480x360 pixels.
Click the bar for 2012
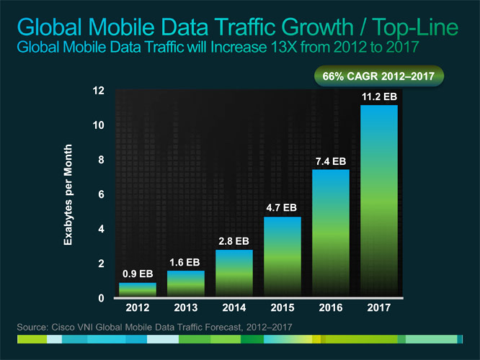coord(137,289)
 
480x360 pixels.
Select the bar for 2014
coord(234,273)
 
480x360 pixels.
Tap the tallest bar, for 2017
coord(378,201)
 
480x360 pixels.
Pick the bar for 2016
coord(330,233)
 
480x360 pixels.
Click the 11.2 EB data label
coord(378,96)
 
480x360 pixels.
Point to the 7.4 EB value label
coord(330,161)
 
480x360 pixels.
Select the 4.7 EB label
coord(282,207)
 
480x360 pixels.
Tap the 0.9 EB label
coord(137,274)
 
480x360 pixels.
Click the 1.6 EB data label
coord(185,262)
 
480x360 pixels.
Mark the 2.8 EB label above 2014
coord(234,240)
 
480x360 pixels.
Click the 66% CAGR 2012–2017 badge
coord(377,76)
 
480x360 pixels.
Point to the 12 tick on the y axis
coord(99,91)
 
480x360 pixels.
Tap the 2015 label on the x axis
coord(282,309)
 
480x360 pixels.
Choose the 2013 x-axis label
coord(185,309)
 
